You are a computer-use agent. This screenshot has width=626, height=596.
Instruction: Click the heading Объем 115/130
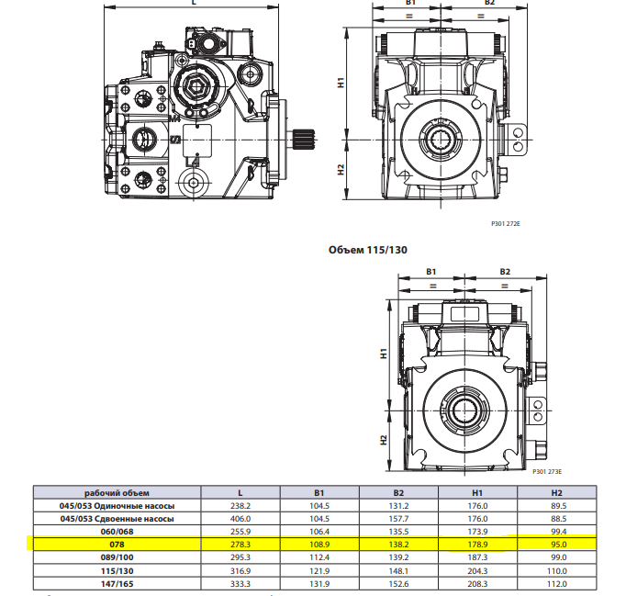click(368, 249)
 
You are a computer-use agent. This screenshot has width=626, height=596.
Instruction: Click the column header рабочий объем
click(117, 492)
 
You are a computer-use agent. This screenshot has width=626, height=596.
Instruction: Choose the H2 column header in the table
click(557, 492)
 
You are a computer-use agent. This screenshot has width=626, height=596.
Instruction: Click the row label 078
click(117, 544)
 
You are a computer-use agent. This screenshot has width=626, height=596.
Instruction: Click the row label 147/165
click(117, 582)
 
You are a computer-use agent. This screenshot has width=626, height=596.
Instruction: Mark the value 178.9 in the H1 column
click(478, 544)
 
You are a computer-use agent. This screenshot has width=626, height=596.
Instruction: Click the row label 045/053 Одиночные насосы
click(117, 505)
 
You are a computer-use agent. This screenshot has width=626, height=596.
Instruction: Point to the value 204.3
click(478, 569)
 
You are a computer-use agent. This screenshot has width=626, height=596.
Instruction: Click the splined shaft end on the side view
click(304, 140)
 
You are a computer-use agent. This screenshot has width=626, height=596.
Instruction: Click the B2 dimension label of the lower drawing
click(504, 272)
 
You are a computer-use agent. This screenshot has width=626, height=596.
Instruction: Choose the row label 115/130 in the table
click(117, 569)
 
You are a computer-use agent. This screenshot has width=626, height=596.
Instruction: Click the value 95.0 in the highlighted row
click(557, 544)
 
